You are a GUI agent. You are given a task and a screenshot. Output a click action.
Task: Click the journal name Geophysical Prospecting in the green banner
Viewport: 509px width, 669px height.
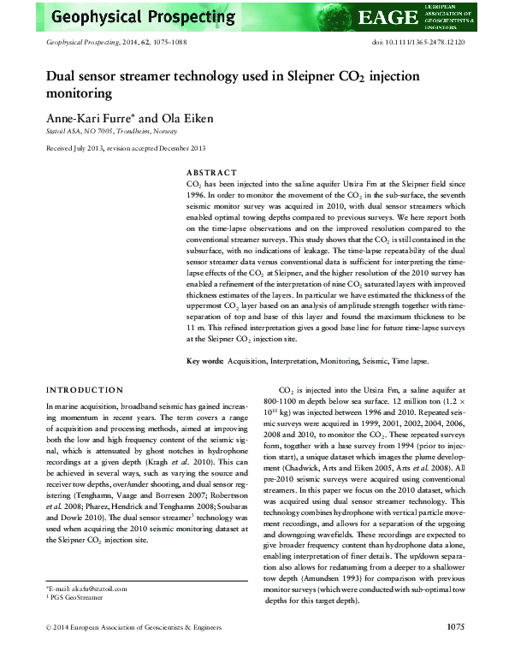[x=143, y=16]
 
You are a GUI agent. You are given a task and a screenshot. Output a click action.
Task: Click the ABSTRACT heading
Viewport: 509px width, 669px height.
[x=211, y=170]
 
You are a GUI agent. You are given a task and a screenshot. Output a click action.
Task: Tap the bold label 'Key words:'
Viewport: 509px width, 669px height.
[x=205, y=362]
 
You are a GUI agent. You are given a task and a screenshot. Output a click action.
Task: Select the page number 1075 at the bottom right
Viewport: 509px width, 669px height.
[x=455, y=651]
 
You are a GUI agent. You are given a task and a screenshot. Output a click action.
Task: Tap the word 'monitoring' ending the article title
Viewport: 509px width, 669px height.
[x=79, y=93]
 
